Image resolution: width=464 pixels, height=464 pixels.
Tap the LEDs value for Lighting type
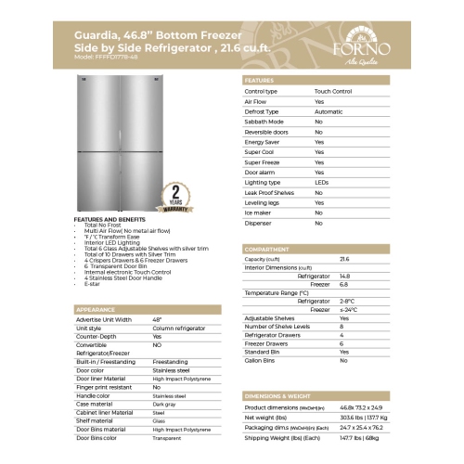(x=320, y=183)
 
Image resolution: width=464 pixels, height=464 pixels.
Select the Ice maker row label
(x=258, y=213)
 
